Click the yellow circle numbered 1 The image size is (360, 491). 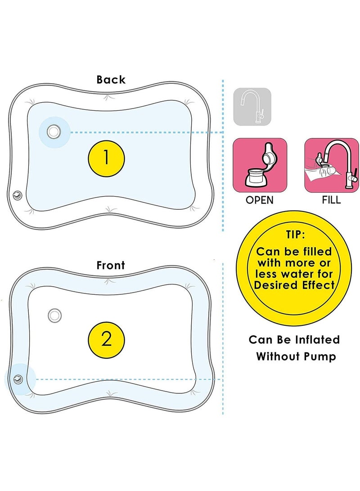pos(106,158)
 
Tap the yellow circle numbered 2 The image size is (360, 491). pos(106,339)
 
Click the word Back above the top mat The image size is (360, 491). pos(111,80)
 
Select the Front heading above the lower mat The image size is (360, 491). pos(111,265)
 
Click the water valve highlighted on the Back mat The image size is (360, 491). pos(54,131)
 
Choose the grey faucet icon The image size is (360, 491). pos(252,107)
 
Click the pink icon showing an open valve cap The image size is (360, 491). pos(260,165)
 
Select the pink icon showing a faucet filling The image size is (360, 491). pos(331,165)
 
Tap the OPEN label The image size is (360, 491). pos(260,200)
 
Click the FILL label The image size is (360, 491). pos(331,200)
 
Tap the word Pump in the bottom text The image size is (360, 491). pos(320,357)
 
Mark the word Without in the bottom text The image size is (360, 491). pos(279,357)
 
